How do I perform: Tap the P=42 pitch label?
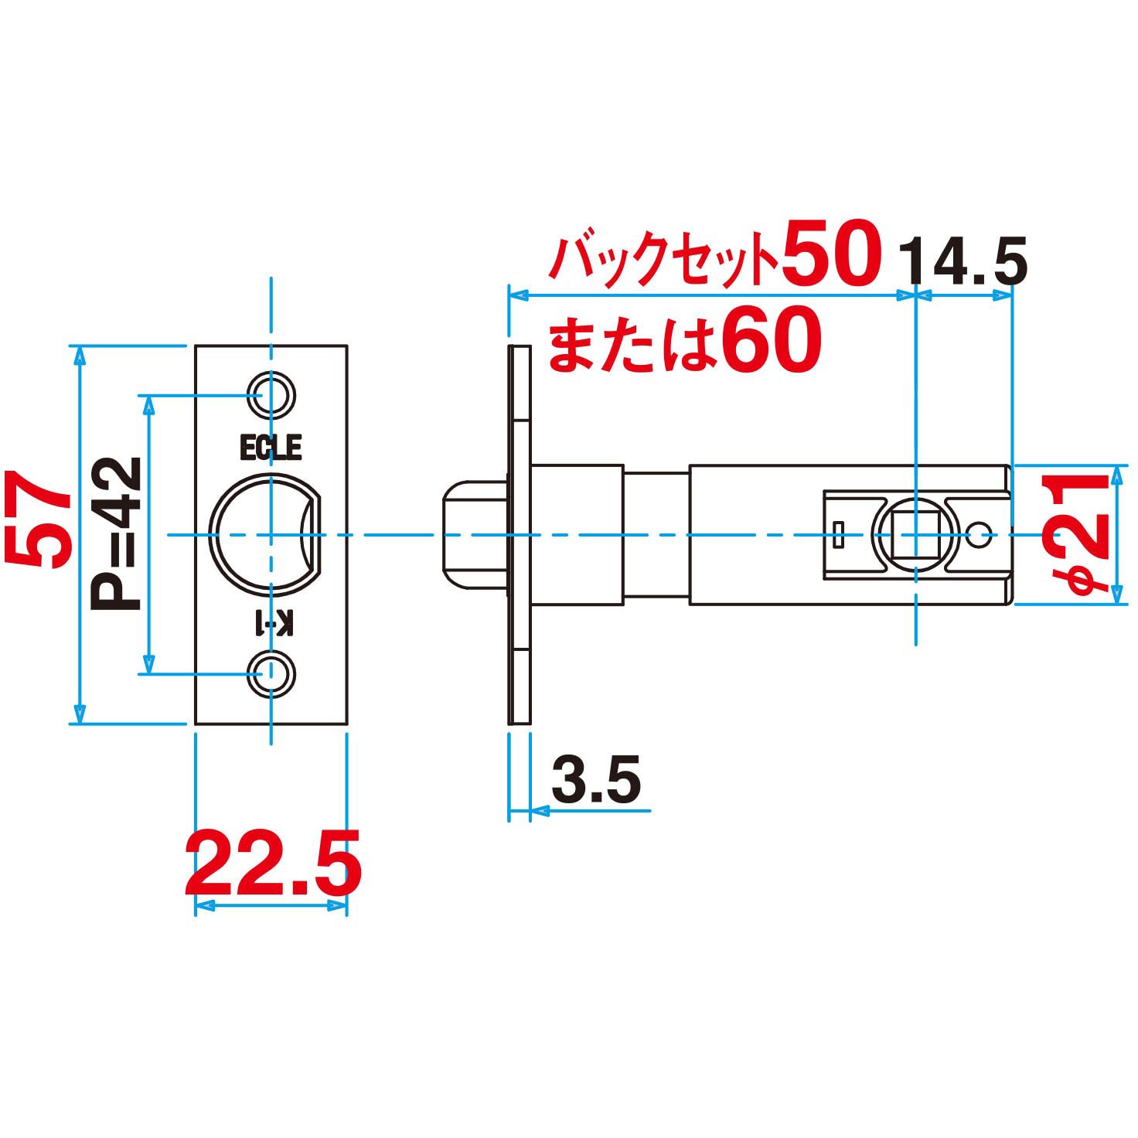pyautogui.click(x=116, y=533)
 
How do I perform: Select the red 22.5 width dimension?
pyautogui.click(x=273, y=862)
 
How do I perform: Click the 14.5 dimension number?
pyautogui.click(x=962, y=262)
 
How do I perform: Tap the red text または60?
pyautogui.click(x=684, y=341)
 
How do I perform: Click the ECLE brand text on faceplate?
pyautogui.click(x=270, y=448)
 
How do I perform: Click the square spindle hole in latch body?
pyautogui.click(x=916, y=534)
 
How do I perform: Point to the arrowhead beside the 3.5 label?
pyautogui.click(x=540, y=811)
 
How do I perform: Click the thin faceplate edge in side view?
pyautogui.click(x=519, y=534)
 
